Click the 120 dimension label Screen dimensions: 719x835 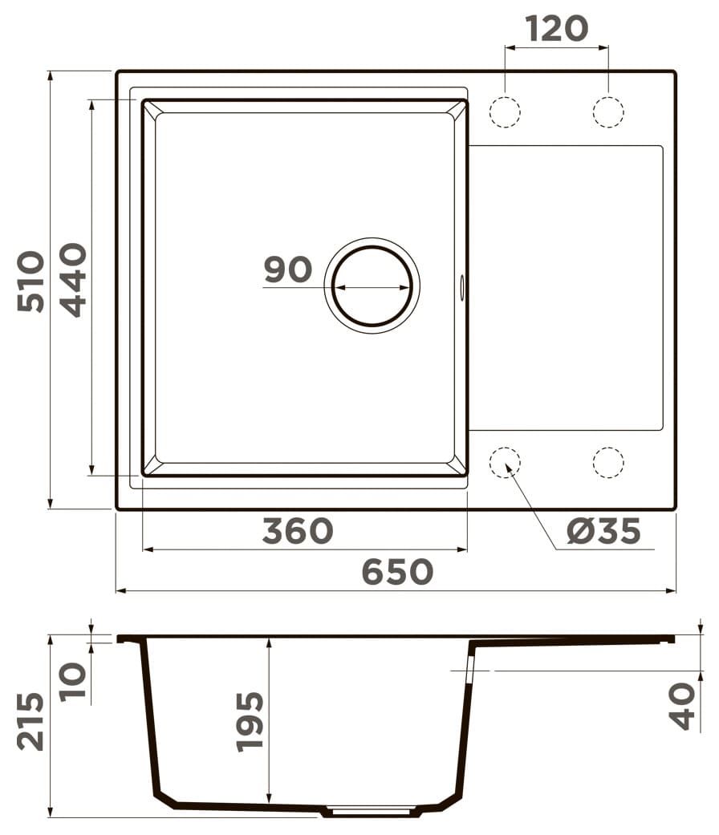[x=557, y=29]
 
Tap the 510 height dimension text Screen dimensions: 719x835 [x=30, y=282]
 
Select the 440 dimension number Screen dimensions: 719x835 [x=72, y=280]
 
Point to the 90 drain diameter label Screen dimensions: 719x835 [x=287, y=270]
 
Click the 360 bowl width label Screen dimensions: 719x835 [x=298, y=531]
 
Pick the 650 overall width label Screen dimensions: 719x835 [x=397, y=572]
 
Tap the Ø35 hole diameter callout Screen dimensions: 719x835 [x=603, y=531]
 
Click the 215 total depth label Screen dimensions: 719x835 [x=30, y=721]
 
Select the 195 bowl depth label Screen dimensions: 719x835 [x=250, y=722]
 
